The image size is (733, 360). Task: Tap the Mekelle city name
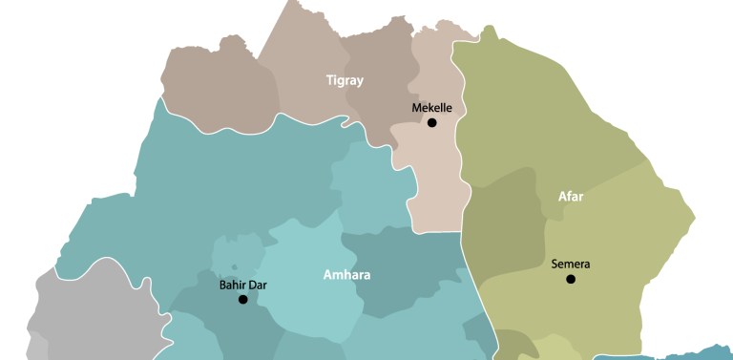coord(431,108)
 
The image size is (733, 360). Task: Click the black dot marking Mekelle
coord(432,123)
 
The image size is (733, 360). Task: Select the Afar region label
coord(571,197)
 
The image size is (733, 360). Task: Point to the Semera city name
coord(571,264)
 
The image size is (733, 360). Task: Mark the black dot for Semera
coord(571,279)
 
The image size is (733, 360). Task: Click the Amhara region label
coord(346,275)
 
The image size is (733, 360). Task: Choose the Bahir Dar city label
coord(242,284)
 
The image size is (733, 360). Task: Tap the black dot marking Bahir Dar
coord(242,299)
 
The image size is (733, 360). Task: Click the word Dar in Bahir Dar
coord(257,284)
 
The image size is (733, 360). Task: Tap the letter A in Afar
coord(562,197)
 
